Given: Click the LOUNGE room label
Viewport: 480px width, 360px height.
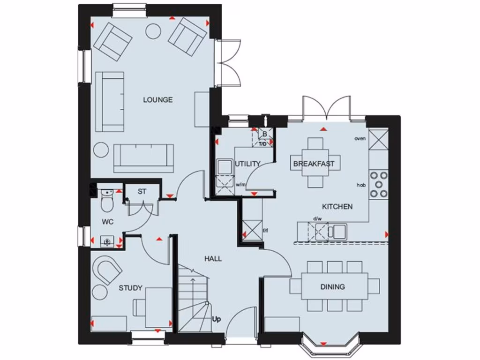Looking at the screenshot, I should pyautogui.click(x=157, y=100).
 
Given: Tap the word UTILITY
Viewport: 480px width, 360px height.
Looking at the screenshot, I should pyautogui.click(x=247, y=164).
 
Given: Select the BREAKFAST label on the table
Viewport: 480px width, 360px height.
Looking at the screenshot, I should pyautogui.click(x=314, y=164).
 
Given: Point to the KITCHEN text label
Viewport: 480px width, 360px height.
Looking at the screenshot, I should pyautogui.click(x=337, y=206).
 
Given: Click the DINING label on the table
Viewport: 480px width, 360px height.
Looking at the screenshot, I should pyautogui.click(x=332, y=286).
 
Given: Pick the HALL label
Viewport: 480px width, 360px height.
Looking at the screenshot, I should pyautogui.click(x=213, y=259).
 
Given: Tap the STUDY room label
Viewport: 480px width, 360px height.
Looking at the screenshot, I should pyautogui.click(x=130, y=288).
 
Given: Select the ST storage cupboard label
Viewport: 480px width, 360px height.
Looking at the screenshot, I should pyautogui.click(x=142, y=191).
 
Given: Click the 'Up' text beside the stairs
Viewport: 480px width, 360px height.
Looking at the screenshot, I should pyautogui.click(x=217, y=320).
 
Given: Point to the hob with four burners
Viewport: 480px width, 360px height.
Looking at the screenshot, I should pyautogui.click(x=379, y=184).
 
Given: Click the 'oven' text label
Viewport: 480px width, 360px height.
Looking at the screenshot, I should pyautogui.click(x=360, y=138).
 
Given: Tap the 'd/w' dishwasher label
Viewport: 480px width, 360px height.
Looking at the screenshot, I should pyautogui.click(x=317, y=218).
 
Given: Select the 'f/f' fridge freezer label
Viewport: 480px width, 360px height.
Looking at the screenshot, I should pyautogui.click(x=266, y=231).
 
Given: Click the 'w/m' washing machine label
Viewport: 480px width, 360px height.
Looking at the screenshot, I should pyautogui.click(x=240, y=185).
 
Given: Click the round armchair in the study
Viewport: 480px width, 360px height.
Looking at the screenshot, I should pyautogui.click(x=108, y=270).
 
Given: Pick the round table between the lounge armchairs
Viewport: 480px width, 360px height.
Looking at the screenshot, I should pyautogui.click(x=153, y=31).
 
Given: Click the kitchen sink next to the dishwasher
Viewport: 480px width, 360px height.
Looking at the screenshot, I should pyautogui.click(x=337, y=231).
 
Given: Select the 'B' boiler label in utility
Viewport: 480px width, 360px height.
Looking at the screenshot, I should pyautogui.click(x=264, y=134).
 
